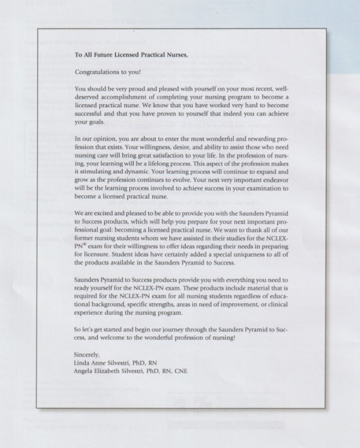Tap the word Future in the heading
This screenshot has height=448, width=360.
click(x=104, y=55)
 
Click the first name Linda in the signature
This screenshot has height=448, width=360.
click(x=83, y=363)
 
